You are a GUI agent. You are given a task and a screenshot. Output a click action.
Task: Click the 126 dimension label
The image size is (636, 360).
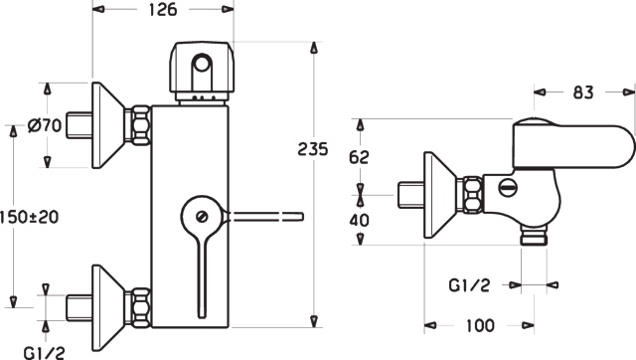[163, 9]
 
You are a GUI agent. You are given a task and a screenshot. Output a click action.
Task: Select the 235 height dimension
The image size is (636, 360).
[313, 149]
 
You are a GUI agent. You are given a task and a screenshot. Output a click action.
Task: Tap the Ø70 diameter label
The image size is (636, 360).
[45, 125]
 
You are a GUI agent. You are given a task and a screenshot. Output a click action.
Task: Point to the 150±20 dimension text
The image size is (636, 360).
[29, 217]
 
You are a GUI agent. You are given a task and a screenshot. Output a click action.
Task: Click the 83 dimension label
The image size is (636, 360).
[583, 92]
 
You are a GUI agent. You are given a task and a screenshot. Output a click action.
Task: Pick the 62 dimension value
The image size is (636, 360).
[359, 157]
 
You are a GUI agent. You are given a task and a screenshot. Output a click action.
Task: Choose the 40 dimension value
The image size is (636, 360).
[360, 220]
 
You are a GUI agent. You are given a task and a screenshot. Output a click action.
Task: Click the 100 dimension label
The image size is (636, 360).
[480, 325]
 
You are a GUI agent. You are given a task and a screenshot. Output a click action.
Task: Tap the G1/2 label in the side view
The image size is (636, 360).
[469, 285]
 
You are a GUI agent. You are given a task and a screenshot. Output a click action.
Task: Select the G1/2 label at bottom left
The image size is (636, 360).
[44, 352]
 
